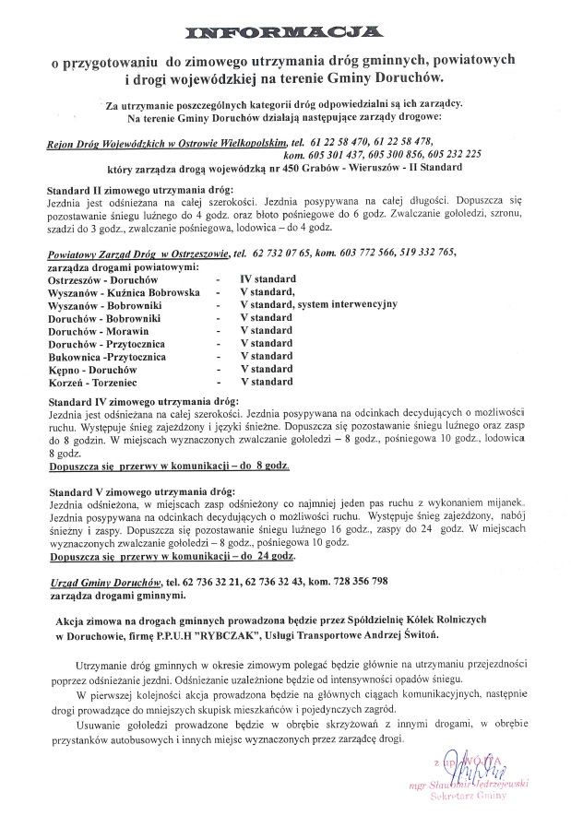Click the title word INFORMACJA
(x=284, y=33)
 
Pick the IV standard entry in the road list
(x=268, y=278)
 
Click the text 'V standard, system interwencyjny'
(x=318, y=304)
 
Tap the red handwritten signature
(x=471, y=764)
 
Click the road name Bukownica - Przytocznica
(x=108, y=356)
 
